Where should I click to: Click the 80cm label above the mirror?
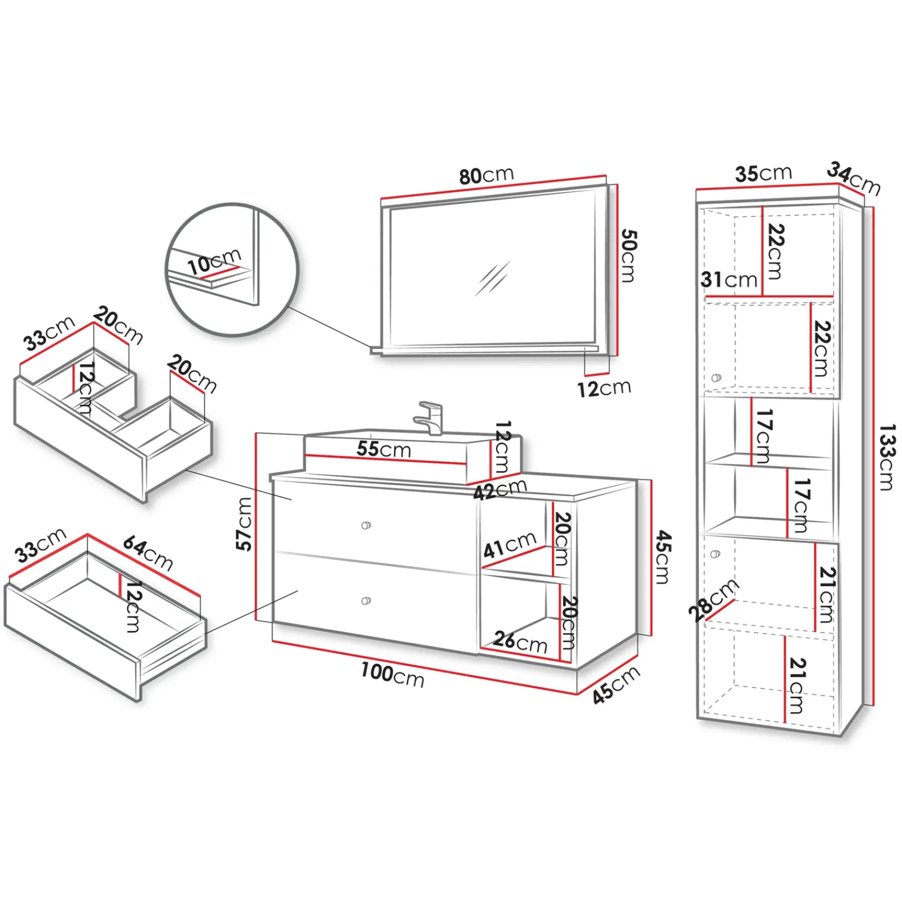[486, 175]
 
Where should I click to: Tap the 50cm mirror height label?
[629, 255]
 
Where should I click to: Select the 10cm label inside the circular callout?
[214, 262]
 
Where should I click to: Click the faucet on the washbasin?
[430, 418]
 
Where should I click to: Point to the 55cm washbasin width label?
[383, 449]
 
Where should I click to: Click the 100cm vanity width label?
[392, 674]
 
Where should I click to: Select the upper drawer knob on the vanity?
[366, 525]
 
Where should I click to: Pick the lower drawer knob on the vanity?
[366, 600]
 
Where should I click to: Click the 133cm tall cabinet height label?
[886, 457]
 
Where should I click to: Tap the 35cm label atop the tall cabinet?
[763, 173]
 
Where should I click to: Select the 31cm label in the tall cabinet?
[728, 279]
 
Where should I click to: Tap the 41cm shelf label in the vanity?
[510, 545]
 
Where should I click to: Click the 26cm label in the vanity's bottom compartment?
[520, 642]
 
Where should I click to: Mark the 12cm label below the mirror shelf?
[603, 388]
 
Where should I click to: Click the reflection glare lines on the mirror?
[492, 278]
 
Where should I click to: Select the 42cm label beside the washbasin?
[499, 489]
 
